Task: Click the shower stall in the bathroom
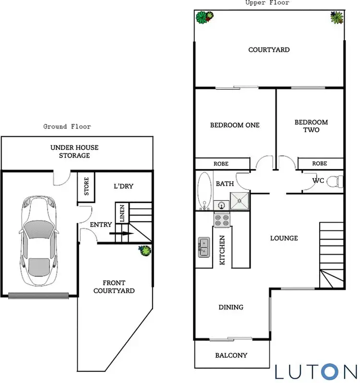pyautogui.click(x=240, y=201)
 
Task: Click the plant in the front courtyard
pyautogui.click(x=144, y=250)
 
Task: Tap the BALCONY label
pyautogui.click(x=231, y=355)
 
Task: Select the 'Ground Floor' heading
pyautogui.click(x=67, y=127)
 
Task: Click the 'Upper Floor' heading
pyautogui.click(x=267, y=3)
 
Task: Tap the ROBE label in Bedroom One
pyautogui.click(x=221, y=164)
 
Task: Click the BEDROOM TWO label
pyautogui.click(x=311, y=126)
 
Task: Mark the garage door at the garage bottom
pyautogui.click(x=39, y=294)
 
